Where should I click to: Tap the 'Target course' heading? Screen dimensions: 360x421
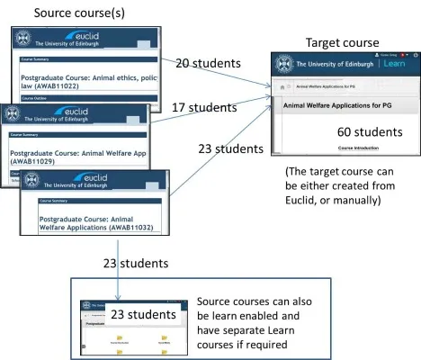coord(342,42)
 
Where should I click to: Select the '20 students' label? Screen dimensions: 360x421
coord(208,64)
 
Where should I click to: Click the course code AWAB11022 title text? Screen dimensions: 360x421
coord(89,82)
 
